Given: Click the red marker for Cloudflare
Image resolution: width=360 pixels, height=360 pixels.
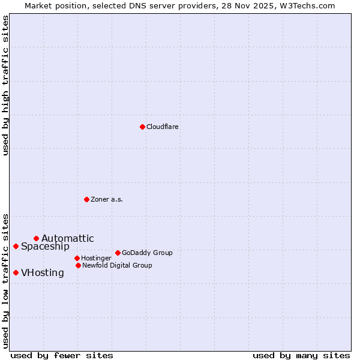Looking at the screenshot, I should [x=142, y=127].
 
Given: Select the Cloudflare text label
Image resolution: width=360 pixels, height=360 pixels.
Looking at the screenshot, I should [x=163, y=127].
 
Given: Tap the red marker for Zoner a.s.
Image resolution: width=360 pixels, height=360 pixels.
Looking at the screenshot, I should [x=86, y=199].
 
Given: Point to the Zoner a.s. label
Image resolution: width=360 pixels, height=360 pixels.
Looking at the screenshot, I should [x=107, y=199].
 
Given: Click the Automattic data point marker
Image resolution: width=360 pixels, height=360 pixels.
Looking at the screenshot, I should [x=36, y=238].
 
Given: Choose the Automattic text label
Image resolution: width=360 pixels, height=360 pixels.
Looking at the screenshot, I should [x=68, y=239].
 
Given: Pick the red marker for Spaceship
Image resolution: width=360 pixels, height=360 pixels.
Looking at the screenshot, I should [x=16, y=246].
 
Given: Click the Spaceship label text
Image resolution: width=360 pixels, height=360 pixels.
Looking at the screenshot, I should [x=45, y=247].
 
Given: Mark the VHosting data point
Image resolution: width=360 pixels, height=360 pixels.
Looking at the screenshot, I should [x=16, y=272].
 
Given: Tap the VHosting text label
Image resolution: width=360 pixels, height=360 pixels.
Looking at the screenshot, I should [x=43, y=273].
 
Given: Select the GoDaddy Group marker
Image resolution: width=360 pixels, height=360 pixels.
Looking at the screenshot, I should [x=118, y=253].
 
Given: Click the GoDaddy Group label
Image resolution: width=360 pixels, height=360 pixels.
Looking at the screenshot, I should [x=147, y=253].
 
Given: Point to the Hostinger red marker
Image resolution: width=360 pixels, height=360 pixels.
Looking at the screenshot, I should [x=77, y=258].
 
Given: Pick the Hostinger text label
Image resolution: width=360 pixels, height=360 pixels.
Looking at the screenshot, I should [x=97, y=259].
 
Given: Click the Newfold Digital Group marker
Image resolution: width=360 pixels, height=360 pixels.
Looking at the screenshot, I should [x=78, y=265].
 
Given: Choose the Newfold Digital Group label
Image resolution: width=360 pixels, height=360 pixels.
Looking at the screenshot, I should [x=117, y=265].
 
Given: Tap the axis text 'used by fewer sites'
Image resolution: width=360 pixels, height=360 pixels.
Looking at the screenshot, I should [x=62, y=355].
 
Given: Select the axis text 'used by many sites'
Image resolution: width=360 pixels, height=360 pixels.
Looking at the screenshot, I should [x=301, y=355].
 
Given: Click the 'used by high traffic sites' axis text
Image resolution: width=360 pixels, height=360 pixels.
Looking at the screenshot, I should [x=5, y=85].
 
